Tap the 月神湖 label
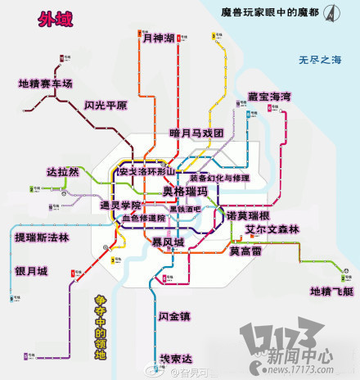pyautogui.click(x=159, y=38)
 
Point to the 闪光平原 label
pyautogui.click(x=106, y=106)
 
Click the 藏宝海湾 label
pyautogui.click(x=270, y=97)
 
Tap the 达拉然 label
pyautogui.click(x=63, y=172)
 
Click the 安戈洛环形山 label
pyautogui.click(x=147, y=173)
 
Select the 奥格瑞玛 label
pyautogui.click(x=186, y=192)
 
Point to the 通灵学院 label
pyautogui.click(x=121, y=205)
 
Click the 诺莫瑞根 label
pyautogui.click(x=254, y=215)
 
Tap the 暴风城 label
pyautogui.click(x=169, y=242)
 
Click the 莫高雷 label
pyautogui.click(x=245, y=251)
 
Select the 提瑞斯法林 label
pyautogui.click(x=42, y=237)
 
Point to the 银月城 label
pyautogui.click(x=31, y=271)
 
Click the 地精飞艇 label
pyautogui.click(x=332, y=292)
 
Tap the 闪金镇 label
pyautogui.click(x=174, y=316)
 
